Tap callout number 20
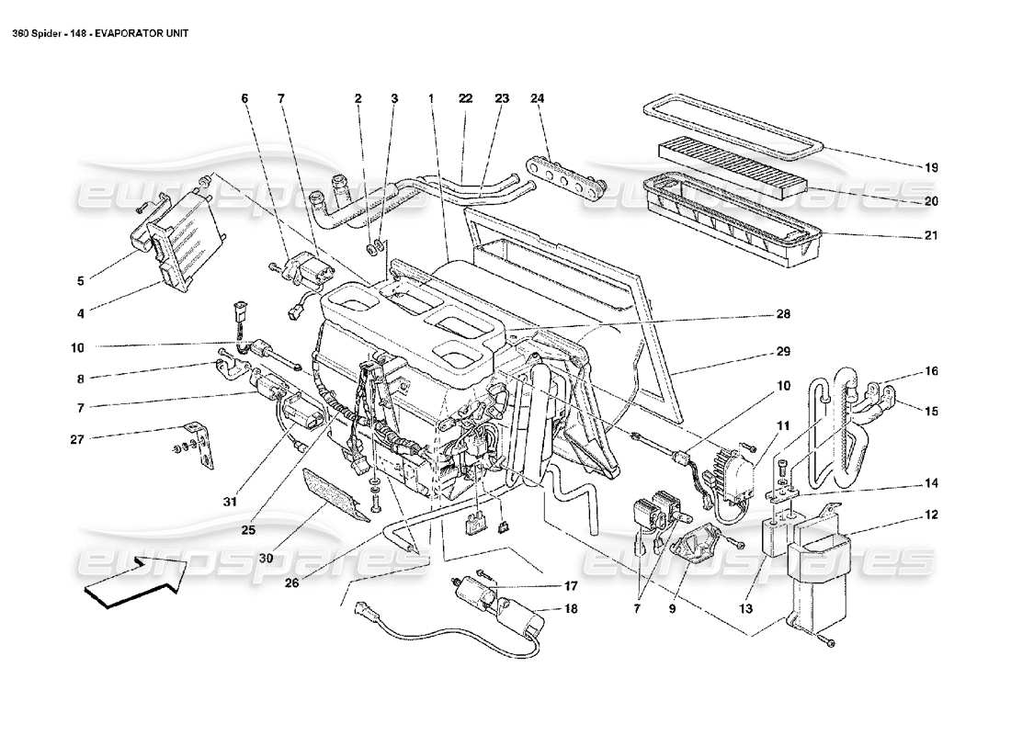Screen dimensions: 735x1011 click(930, 200)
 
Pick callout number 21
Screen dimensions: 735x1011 click(930, 236)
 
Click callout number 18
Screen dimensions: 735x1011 click(571, 608)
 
